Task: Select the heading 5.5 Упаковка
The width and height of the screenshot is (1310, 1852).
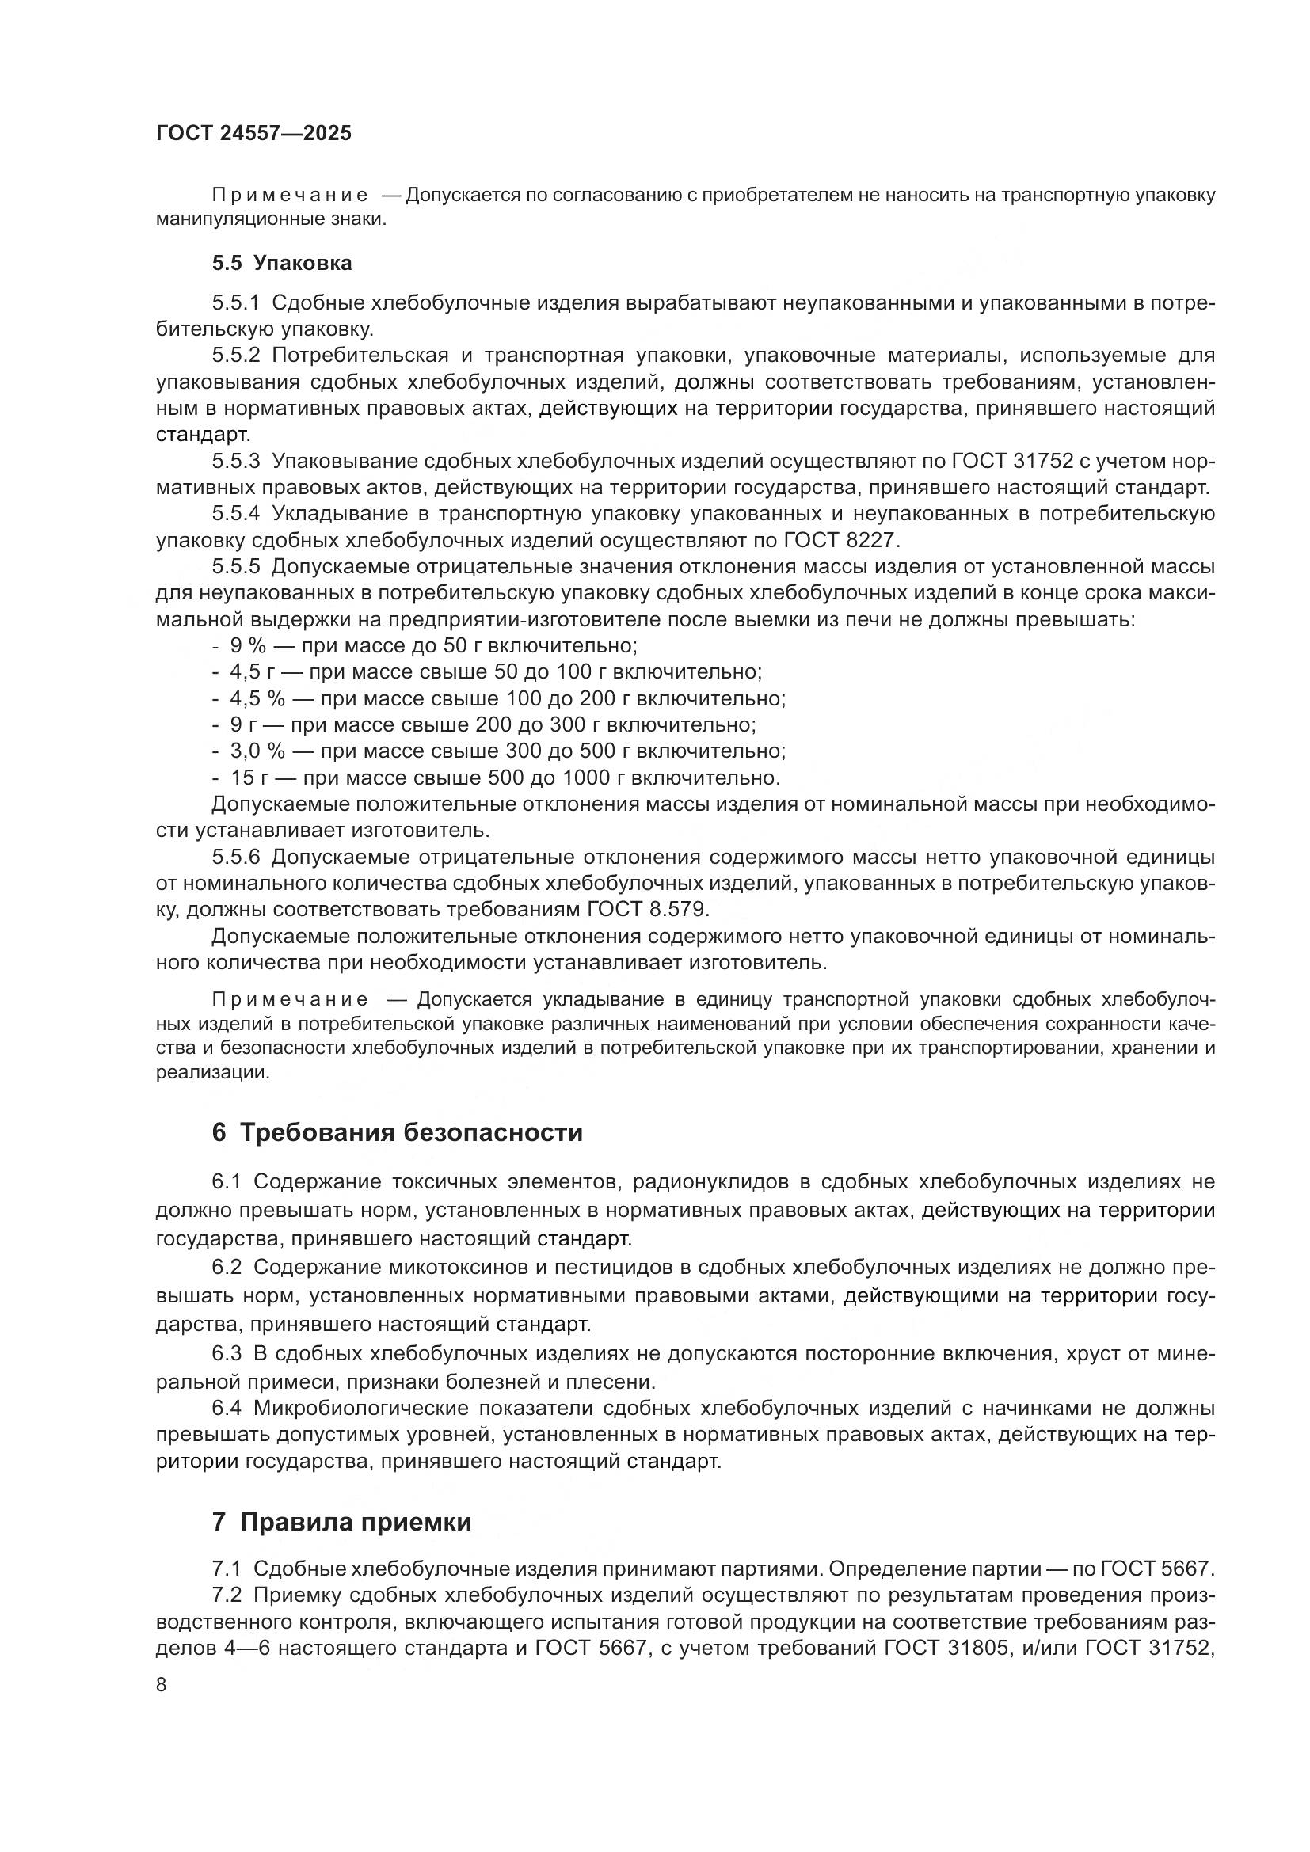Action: tap(281, 263)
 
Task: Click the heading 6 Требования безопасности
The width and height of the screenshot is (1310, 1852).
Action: tap(396, 1132)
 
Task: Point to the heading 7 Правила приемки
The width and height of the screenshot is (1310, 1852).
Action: tap(341, 1522)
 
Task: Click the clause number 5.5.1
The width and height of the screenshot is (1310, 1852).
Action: tap(236, 303)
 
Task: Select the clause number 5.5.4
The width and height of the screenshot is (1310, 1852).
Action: tap(236, 514)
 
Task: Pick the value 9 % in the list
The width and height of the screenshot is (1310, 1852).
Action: tap(248, 645)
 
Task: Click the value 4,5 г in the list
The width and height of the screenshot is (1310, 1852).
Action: tap(252, 672)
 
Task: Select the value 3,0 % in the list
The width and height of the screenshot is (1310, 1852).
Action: tap(257, 751)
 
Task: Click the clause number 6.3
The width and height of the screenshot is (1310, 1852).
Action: tap(227, 1353)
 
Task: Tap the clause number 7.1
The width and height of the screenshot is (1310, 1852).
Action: tap(227, 1568)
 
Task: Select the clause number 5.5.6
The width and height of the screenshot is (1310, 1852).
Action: tap(236, 857)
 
